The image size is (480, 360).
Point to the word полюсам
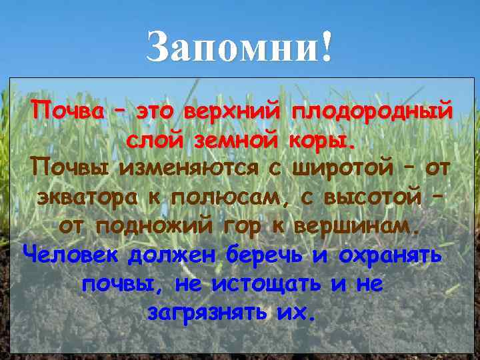pyautogui.click(x=233, y=197)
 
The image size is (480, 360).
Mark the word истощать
pyautogui.click(x=267, y=284)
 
